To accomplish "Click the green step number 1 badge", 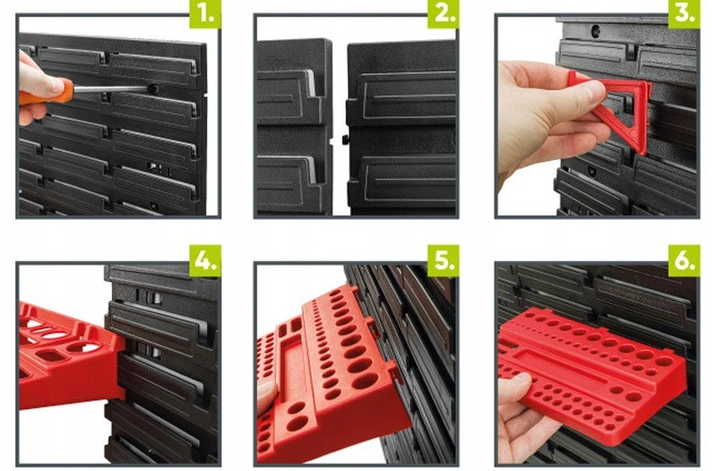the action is click(205, 14).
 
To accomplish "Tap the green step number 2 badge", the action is click(443, 14).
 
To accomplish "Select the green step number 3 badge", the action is click(684, 14).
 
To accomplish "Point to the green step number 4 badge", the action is click(205, 261).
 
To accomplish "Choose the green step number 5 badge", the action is click(443, 261).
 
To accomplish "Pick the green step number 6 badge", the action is click(684, 261).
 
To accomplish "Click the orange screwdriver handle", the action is click(50, 93).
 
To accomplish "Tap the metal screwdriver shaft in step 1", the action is click(110, 88).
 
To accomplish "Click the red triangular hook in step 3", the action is click(611, 109).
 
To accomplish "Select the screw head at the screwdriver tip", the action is click(154, 88).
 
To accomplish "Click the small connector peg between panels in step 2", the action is click(346, 139).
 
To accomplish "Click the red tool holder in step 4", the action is click(68, 356).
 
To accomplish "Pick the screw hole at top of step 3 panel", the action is click(596, 31).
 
